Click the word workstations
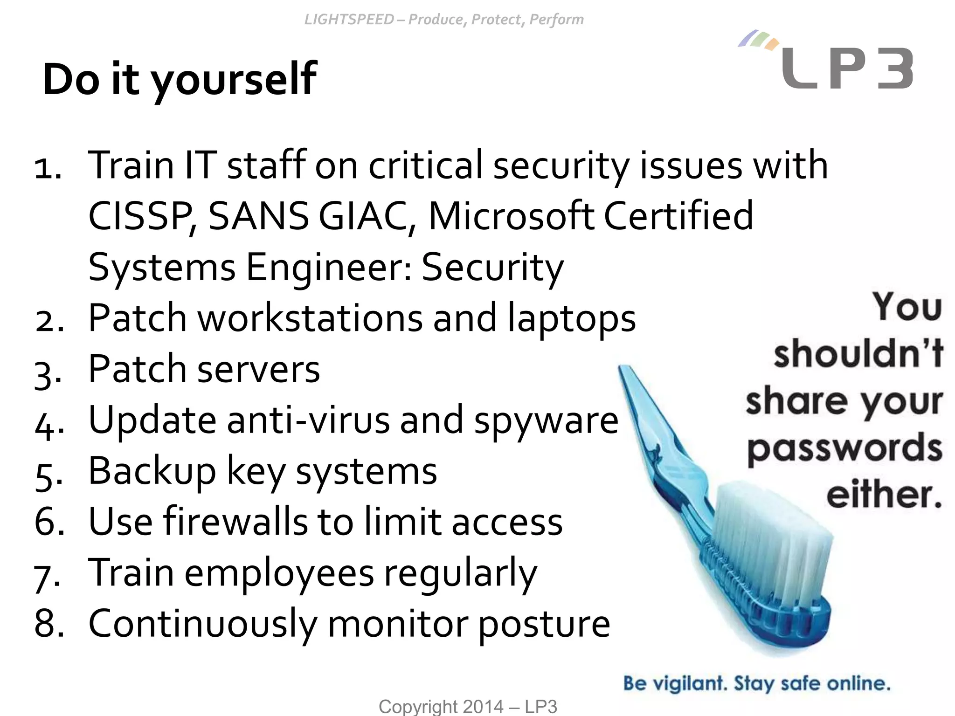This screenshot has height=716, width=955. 310,318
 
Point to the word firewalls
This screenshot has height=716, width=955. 235,522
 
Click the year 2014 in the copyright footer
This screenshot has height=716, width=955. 478,707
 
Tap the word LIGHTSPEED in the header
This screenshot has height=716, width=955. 349,20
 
